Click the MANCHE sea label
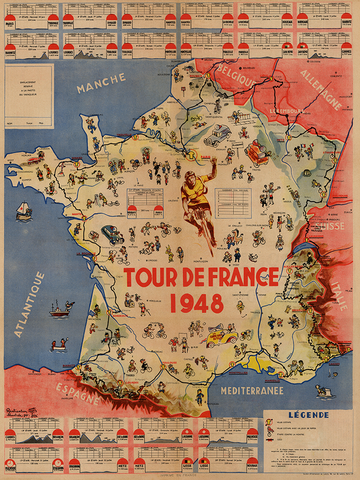pyautogui.click(x=100, y=89)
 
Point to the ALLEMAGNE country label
pyautogui.click(x=319, y=79)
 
